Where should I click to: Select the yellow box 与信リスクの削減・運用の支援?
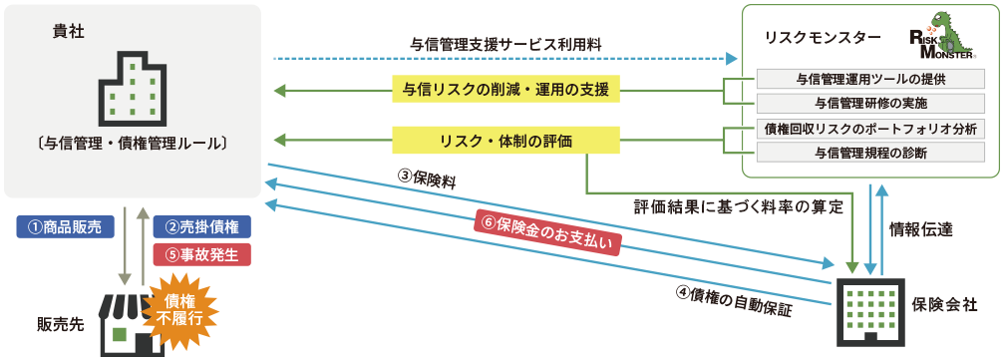pyautogui.click(x=505, y=91)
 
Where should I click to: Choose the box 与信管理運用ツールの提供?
pyautogui.click(x=870, y=79)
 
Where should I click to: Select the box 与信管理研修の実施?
pyautogui.click(x=870, y=102)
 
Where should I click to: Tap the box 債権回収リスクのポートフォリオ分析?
pyautogui.click(x=870, y=129)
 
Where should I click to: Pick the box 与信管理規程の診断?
pyautogui.click(x=870, y=153)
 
